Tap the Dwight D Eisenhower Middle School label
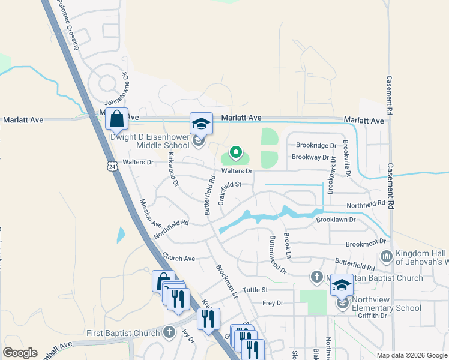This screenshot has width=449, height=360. point(150,141)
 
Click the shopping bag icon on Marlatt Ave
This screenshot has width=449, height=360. point(117,119)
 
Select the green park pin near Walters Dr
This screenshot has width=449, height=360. point(236,154)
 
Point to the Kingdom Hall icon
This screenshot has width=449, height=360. point(385,257)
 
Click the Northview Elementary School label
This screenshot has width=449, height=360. point(387,304)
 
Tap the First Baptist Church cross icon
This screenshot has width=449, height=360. point(170,332)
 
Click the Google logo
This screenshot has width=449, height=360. point(20,353)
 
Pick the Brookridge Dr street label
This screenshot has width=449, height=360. point(316,145)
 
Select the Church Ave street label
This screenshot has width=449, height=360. point(178,259)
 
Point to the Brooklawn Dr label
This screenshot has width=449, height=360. point(336,220)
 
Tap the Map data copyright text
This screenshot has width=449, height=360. point(411,355)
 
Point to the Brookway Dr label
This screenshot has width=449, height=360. point(311,157)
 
